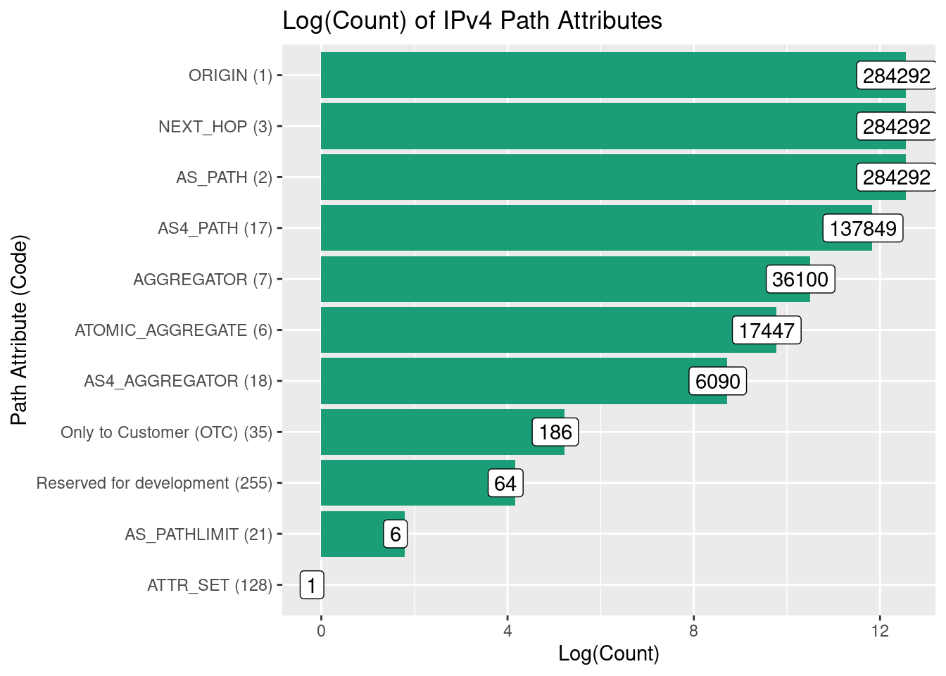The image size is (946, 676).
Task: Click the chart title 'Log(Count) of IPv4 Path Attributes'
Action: coord(472,21)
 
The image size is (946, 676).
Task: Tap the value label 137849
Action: coord(863,228)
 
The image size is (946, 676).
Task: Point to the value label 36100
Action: coord(800,280)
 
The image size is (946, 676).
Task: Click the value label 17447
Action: coord(767,330)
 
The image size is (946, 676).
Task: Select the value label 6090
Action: coord(717,382)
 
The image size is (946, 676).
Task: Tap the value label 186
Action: coord(555,432)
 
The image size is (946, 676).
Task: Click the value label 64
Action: coord(505,484)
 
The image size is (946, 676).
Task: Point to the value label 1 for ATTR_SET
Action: coord(312,585)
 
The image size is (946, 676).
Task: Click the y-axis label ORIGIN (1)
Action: coord(230,75)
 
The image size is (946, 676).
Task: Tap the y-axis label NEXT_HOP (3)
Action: coord(215,127)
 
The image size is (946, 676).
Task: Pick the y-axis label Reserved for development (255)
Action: coord(154,484)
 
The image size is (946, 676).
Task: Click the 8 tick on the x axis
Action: coord(693,631)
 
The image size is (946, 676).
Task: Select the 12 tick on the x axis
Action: coord(880,631)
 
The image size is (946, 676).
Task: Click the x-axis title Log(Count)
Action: coord(609,654)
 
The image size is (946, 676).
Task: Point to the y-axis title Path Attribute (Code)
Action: coord(20,330)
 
